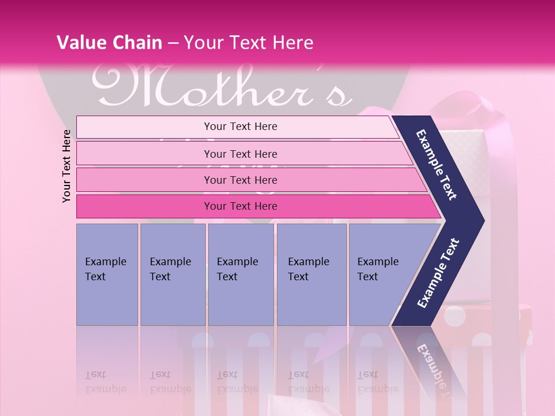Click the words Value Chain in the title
pos(109,43)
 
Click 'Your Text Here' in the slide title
pos(248,43)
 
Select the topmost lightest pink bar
pos(237,127)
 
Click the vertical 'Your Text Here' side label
pos(66,166)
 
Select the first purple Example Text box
pos(107,274)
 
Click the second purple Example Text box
pos(172,274)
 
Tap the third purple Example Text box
pos(240,274)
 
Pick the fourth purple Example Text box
pos(311,274)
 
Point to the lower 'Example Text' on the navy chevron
pos(438,273)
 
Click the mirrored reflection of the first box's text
pos(106,382)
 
